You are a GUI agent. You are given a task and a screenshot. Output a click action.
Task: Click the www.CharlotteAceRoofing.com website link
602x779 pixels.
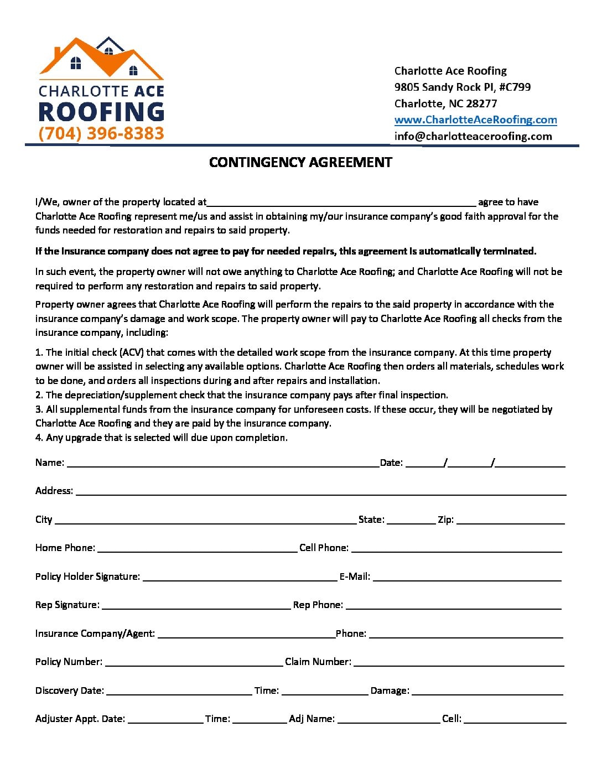click(x=475, y=120)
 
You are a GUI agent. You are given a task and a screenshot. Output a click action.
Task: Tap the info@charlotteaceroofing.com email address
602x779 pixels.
click(x=473, y=136)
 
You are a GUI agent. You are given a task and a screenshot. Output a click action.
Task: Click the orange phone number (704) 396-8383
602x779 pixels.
click(x=101, y=133)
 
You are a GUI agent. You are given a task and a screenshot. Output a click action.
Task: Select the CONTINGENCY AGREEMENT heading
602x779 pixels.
click(x=300, y=162)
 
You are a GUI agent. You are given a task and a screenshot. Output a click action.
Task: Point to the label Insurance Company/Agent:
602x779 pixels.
click(x=95, y=633)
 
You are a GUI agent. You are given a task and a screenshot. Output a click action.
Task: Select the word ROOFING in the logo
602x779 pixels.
click(x=101, y=111)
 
